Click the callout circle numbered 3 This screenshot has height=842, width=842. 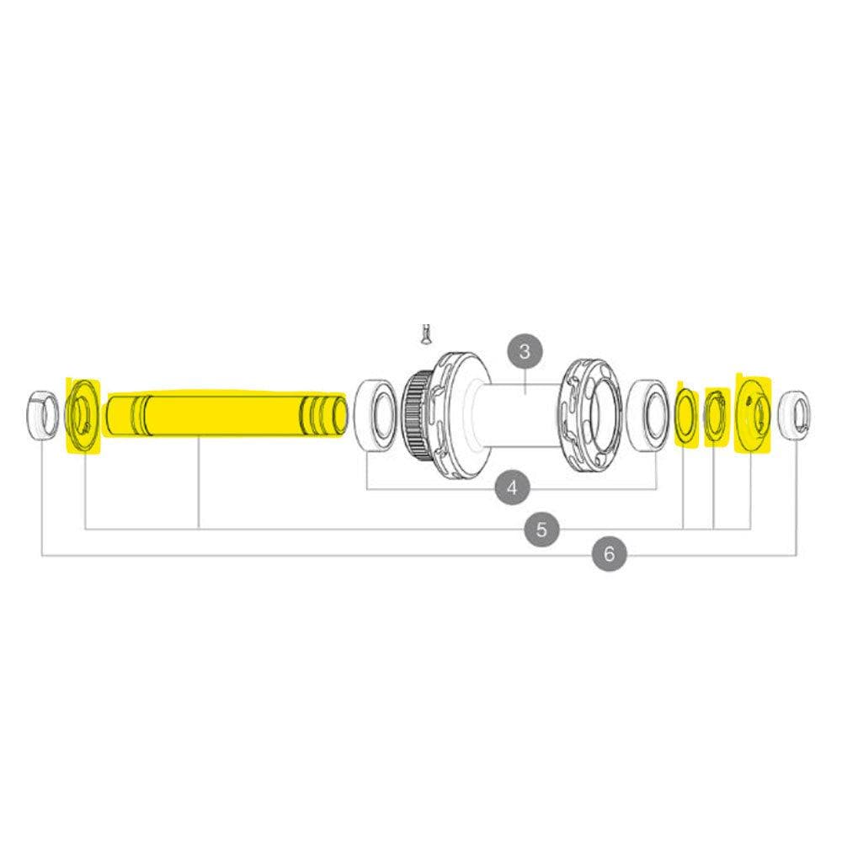coord(525,350)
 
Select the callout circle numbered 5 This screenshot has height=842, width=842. coord(541,529)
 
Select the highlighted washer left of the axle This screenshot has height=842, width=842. coord(83,415)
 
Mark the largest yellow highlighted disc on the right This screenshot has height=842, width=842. coord(752,413)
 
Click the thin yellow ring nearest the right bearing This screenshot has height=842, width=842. coord(685,413)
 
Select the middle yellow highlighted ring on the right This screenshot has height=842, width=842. coord(716,413)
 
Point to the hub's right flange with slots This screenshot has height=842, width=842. coord(591,413)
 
